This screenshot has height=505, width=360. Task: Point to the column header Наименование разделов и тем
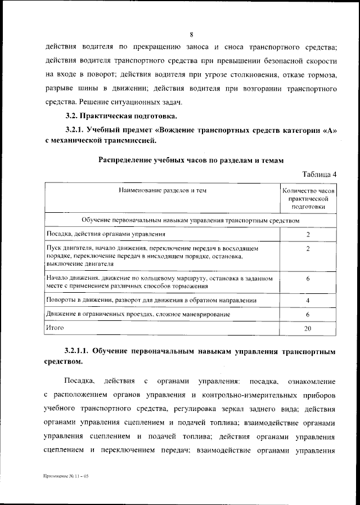[162, 191]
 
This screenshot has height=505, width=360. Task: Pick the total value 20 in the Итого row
[308, 328]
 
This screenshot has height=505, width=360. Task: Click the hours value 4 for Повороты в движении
[308, 300]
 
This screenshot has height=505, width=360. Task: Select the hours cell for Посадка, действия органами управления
[308, 234]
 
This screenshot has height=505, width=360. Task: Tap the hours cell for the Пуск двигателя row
[308, 248]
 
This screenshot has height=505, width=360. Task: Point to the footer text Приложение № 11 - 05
[66, 477]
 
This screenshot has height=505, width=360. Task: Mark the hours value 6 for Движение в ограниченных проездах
[308, 314]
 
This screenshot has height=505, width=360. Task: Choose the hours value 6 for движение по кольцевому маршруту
[308, 279]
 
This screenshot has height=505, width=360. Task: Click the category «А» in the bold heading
[330, 131]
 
